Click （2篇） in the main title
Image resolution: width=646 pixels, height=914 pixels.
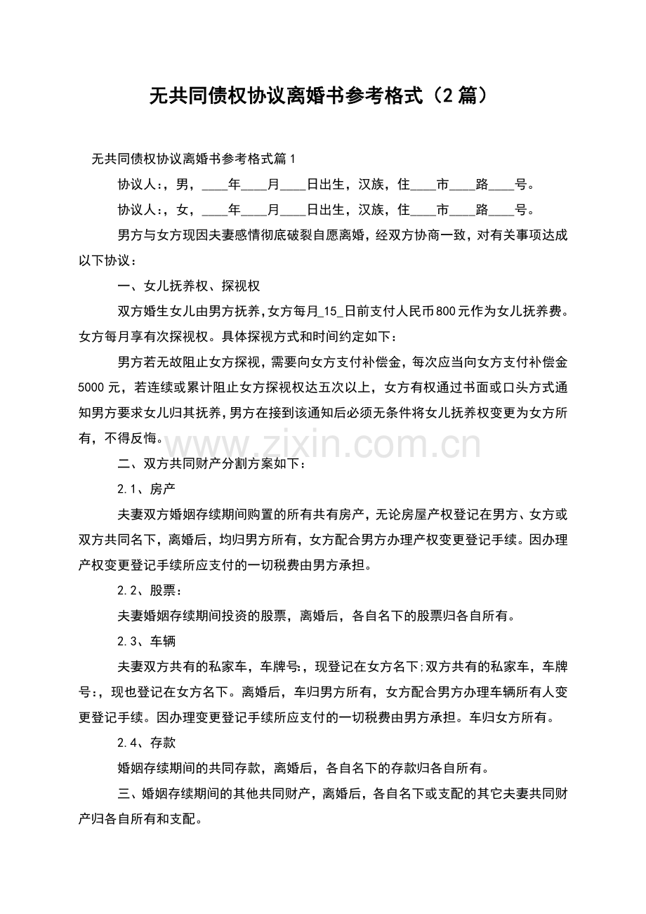coord(456,95)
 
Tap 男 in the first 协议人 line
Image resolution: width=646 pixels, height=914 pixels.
coord(184,185)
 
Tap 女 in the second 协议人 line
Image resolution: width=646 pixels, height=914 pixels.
coord(184,210)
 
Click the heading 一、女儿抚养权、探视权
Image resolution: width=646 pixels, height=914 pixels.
coord(190,286)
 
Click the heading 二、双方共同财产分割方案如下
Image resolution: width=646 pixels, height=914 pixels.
coord(211,463)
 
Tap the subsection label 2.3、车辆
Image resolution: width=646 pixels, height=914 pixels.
coord(146,641)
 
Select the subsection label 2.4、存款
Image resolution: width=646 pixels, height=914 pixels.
coord(146,742)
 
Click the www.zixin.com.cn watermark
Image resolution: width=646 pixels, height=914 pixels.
coord(324,444)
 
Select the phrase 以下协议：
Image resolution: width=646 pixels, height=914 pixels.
coord(103,260)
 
